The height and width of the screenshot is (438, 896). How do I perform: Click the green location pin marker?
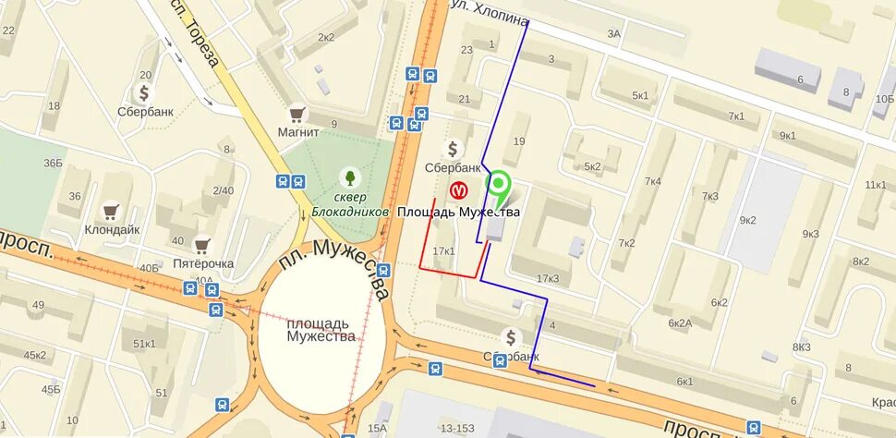pyautogui.click(x=499, y=188)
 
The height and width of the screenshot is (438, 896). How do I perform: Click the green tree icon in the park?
pyautogui.click(x=350, y=175)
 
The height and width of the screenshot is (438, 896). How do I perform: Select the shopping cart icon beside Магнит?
pyautogui.click(x=297, y=113)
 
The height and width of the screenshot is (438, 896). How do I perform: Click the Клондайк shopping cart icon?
pyautogui.click(x=113, y=211)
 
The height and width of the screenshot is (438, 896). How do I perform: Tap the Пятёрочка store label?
pyautogui.click(x=203, y=263)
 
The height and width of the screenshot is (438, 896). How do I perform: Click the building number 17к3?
pyautogui.click(x=548, y=279)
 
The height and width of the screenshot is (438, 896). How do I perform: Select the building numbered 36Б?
pyautogui.click(x=53, y=164)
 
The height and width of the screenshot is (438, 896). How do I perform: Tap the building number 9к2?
pyautogui.click(x=747, y=220)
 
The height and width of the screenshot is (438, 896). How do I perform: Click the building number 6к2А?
pyautogui.click(x=681, y=322)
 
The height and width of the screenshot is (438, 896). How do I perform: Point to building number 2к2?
pyautogui.click(x=326, y=37)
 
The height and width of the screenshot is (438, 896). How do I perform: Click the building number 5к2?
pyautogui.click(x=592, y=166)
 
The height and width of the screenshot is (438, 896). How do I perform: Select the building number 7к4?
pyautogui.click(x=653, y=181)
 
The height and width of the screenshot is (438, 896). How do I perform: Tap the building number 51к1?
pyautogui.click(x=145, y=344)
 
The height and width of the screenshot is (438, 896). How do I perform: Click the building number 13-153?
pyautogui.click(x=456, y=427)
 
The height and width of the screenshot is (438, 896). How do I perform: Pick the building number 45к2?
pyautogui.click(x=35, y=355)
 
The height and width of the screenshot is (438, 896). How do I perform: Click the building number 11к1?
pyautogui.click(x=875, y=185)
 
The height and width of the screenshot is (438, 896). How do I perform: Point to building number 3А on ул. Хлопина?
pyautogui.click(x=614, y=33)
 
